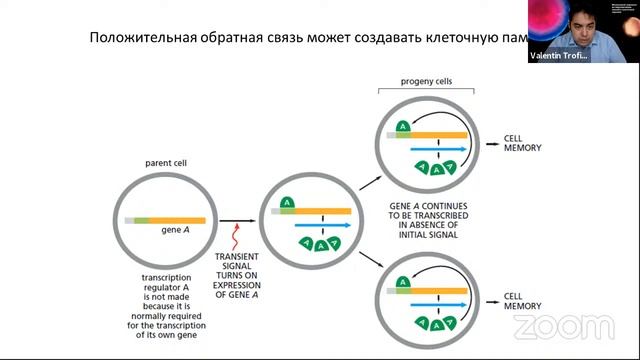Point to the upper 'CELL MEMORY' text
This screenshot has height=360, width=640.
coord(524,142)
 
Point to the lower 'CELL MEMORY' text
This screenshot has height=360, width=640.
coord(524,301)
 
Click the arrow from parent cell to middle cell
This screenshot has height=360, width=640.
coord(237,220)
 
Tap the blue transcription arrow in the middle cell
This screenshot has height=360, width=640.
coord(324,225)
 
